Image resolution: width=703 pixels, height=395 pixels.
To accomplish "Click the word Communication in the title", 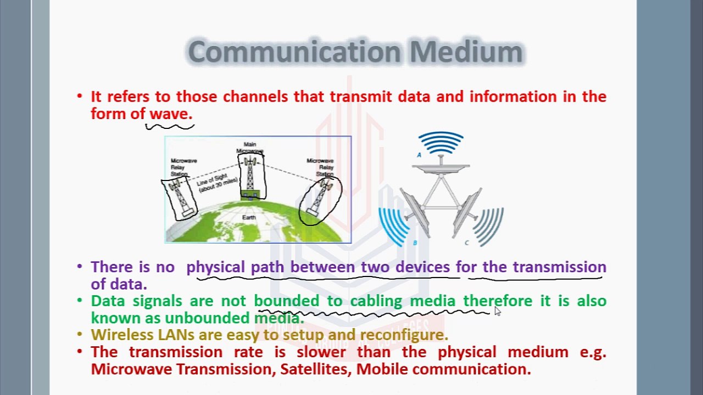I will [x=294, y=52].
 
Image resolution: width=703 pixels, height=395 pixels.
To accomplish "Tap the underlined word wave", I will [x=171, y=114].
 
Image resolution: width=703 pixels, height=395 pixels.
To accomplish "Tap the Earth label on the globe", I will [x=249, y=218].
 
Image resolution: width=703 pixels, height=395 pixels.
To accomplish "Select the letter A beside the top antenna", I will [x=419, y=155].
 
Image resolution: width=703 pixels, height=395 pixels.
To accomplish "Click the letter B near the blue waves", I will [x=415, y=242].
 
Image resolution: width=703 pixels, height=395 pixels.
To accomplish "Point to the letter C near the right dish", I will [x=467, y=242].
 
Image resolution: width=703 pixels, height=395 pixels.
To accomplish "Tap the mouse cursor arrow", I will [x=497, y=311].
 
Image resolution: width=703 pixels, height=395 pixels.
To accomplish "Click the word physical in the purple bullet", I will [x=215, y=267].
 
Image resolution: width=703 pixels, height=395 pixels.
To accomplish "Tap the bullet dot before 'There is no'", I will [x=80, y=267].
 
